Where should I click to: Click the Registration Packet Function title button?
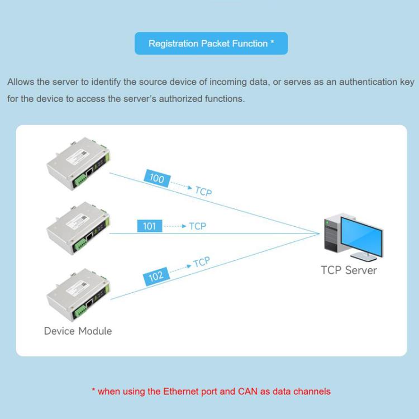[x=211, y=44]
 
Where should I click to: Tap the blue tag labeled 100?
[x=157, y=179]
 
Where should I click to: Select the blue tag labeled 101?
[x=149, y=226]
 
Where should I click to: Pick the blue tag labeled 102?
[x=156, y=276]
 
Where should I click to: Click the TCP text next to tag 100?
[x=203, y=192]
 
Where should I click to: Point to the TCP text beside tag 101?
[x=197, y=226]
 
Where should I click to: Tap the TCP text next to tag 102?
[x=201, y=263]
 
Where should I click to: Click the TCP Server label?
[x=349, y=270]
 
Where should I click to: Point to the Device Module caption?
[x=78, y=331]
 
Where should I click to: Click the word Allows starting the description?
[x=21, y=82]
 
